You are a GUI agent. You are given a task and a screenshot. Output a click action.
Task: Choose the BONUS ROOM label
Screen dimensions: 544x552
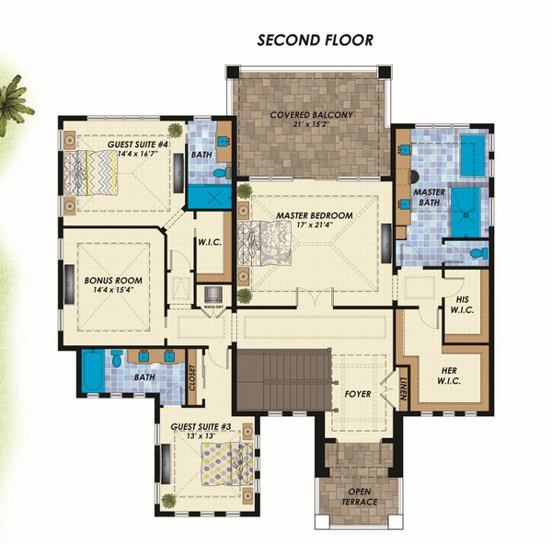coord(106,279)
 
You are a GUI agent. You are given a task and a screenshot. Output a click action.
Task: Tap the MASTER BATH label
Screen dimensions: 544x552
coord(431,197)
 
